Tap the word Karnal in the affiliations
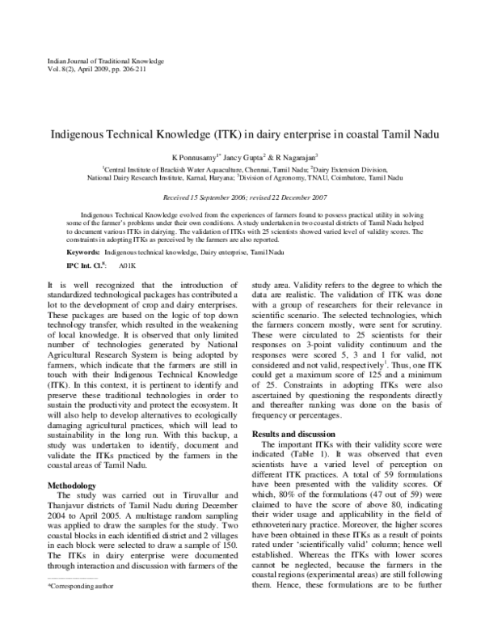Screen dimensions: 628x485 click(x=184, y=176)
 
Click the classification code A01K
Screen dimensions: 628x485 click(x=128, y=265)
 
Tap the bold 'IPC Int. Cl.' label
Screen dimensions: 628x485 click(x=81, y=265)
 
